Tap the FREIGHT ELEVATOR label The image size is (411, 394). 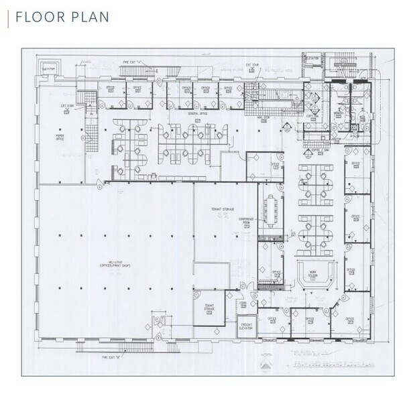click(x=247, y=327)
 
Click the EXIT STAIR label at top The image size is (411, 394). click(x=252, y=66)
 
